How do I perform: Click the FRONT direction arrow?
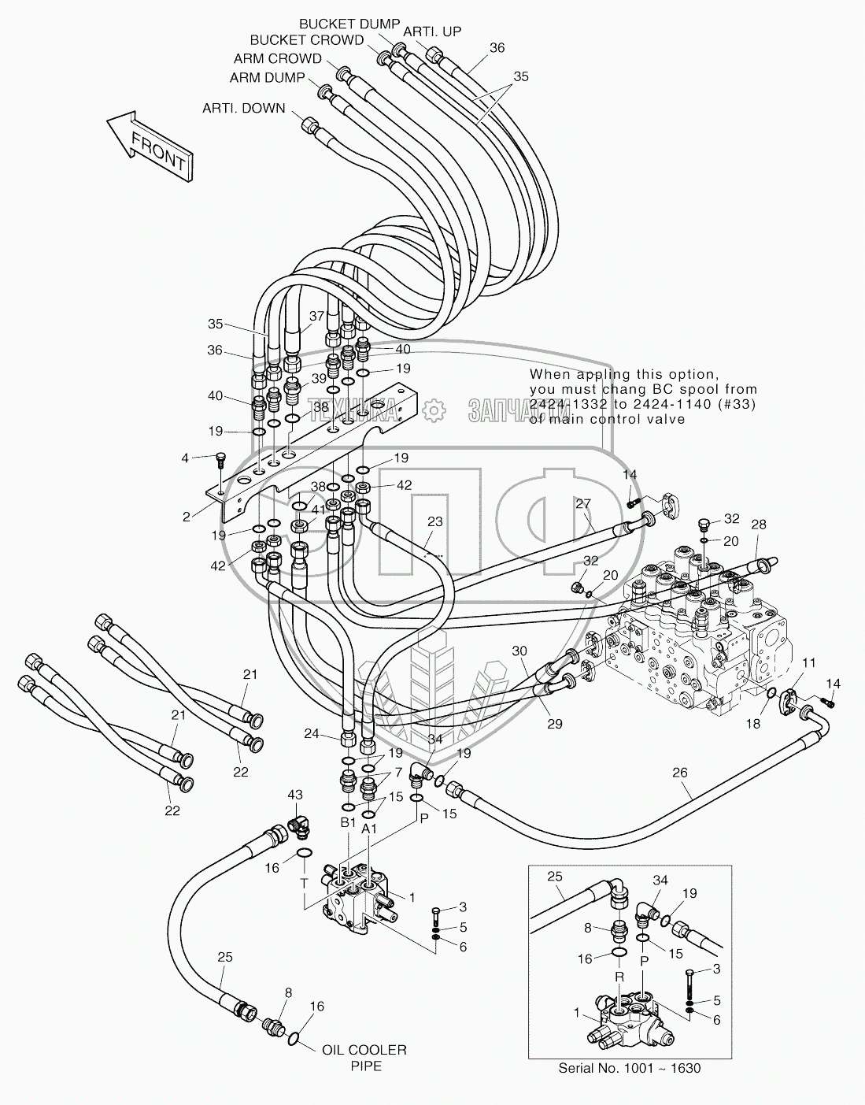[150, 147]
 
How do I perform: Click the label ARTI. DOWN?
[244, 109]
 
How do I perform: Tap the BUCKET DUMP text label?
[349, 24]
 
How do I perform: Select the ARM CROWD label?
[278, 58]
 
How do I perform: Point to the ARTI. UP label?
[432, 32]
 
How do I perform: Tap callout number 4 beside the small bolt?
[185, 458]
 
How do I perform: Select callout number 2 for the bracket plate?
[187, 517]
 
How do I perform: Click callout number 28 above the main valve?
[758, 525]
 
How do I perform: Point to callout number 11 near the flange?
[809, 662]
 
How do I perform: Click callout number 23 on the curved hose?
[434, 521]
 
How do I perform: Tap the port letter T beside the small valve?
[304, 884]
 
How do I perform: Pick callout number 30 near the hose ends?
[519, 651]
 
